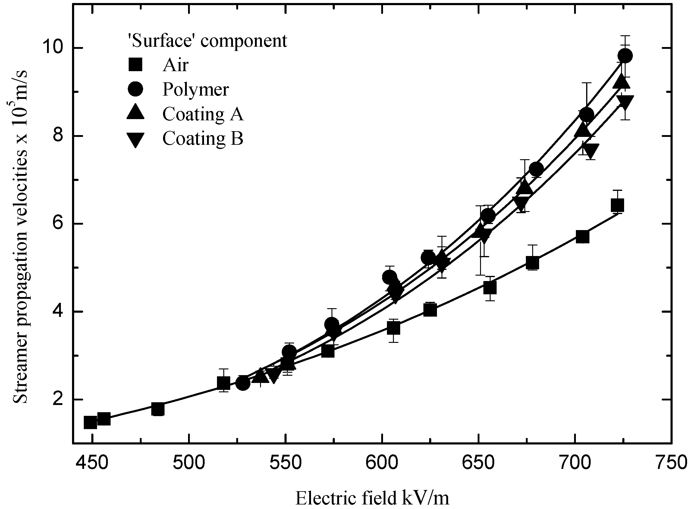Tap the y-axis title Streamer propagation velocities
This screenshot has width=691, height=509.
20,237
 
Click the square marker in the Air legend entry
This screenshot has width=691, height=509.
135,65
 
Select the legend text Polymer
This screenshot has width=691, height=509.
196,90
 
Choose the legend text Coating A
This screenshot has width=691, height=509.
203,114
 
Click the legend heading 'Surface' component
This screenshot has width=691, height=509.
208,41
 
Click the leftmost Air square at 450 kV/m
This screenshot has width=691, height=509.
90,422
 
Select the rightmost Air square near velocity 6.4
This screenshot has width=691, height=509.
617,205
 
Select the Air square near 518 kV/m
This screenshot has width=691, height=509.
224,383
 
